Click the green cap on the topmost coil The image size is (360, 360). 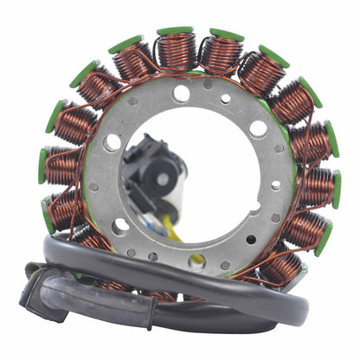[x=175, y=31]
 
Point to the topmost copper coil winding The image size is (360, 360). [x=176, y=53]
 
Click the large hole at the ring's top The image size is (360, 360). [x=181, y=93]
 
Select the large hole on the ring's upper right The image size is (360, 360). [x=258, y=129]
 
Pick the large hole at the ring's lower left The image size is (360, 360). [x=121, y=227]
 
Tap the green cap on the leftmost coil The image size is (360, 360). [x=42, y=165]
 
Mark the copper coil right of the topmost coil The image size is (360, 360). [x=221, y=54]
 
